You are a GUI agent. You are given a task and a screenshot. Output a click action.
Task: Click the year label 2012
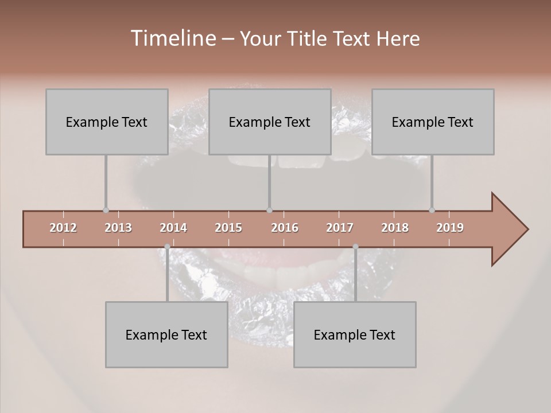coord(63,228)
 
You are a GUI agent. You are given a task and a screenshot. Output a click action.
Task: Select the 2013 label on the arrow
coord(118,228)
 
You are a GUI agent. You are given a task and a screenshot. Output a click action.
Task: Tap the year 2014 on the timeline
coord(173,228)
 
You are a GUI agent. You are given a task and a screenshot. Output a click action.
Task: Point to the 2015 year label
coord(228,228)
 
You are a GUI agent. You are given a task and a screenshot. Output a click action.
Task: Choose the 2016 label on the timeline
coord(285,228)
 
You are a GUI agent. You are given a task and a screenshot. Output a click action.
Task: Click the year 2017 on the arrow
coord(340,228)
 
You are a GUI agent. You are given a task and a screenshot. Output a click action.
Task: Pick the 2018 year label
coord(395,228)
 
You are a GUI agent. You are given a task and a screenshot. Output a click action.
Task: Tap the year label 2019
coord(450,228)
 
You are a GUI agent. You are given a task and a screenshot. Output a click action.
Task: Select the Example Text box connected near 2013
coord(107,122)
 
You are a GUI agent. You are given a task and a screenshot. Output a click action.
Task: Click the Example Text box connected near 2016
coord(270,122)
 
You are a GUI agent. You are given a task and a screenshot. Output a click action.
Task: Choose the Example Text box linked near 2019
coord(433,122)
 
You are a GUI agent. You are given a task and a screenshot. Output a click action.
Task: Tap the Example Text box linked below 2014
coord(166,334)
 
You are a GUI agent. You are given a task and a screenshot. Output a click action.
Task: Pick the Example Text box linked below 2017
coord(355,334)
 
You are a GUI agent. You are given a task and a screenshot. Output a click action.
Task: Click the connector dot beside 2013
coord(106,210)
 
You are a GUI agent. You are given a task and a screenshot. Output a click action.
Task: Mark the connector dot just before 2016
coord(270,210)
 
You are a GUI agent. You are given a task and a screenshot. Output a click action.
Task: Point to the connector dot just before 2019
coord(432,210)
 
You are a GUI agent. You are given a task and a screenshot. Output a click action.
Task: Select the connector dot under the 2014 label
coord(167,247)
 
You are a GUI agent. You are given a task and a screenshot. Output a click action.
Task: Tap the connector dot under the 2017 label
coord(355,247)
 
